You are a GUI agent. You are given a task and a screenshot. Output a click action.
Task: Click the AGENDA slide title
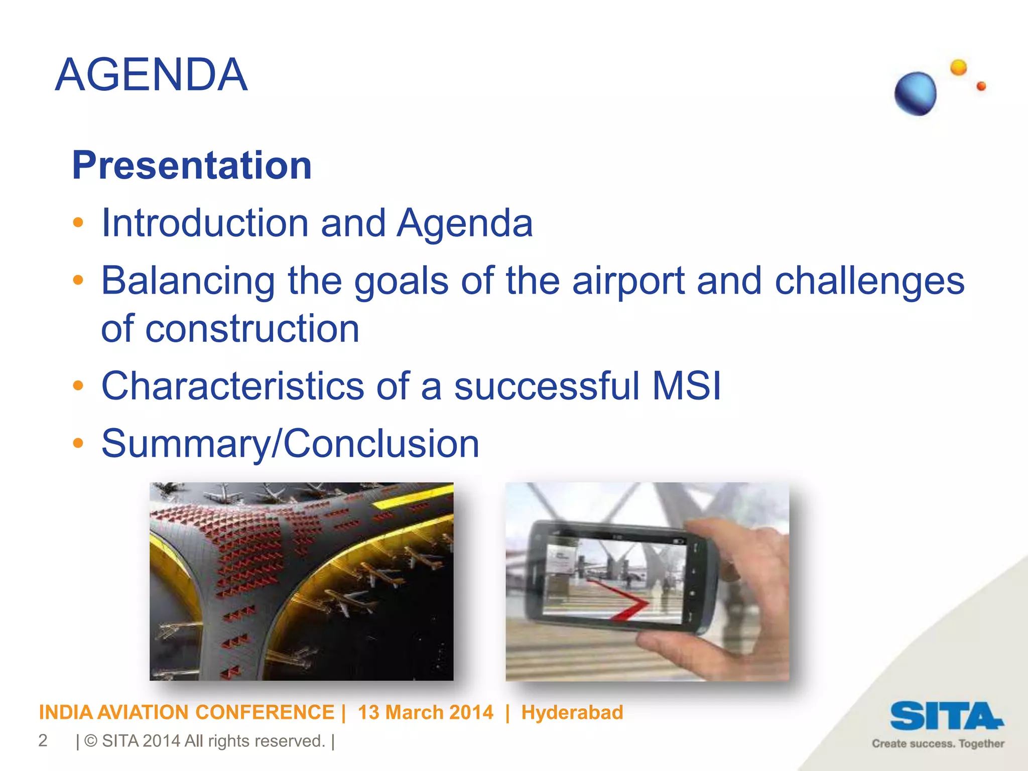151,75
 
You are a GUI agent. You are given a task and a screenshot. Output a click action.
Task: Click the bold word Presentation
192,165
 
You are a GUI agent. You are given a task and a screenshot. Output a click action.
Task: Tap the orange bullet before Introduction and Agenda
78,222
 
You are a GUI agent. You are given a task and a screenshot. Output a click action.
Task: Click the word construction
252,329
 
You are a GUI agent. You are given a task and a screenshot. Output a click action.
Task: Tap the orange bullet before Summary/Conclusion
78,443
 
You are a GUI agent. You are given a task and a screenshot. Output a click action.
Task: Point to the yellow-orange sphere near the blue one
958,67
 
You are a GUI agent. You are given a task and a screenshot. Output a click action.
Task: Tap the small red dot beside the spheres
981,86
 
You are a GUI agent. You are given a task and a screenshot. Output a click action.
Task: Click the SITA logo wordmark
946,716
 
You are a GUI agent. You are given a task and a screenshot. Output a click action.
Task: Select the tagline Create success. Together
938,743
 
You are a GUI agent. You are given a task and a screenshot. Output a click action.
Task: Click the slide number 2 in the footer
43,741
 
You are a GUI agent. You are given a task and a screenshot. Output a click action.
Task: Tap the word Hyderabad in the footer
572,712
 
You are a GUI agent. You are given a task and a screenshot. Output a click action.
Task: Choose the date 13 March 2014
425,712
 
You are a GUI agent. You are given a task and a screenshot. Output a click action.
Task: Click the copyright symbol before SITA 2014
91,741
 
